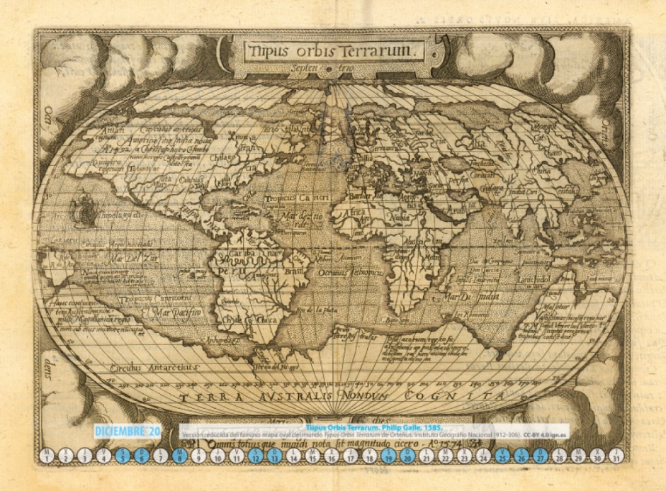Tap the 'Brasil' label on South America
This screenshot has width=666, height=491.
294,270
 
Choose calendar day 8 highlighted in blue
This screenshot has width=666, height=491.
180,455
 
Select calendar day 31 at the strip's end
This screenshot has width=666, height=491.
617,455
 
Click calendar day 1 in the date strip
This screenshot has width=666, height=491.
46,455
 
